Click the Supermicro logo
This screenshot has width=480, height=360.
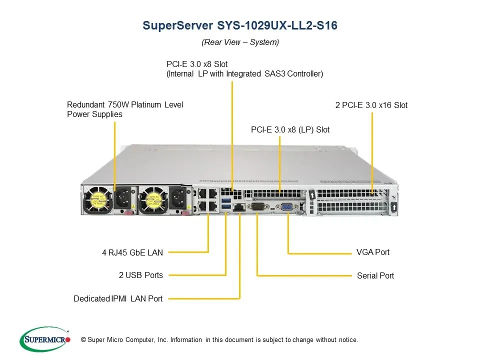[44, 339]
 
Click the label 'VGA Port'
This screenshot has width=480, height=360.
[373, 252]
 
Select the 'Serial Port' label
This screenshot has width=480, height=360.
[375, 275]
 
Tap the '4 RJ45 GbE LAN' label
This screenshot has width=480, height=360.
[132, 252]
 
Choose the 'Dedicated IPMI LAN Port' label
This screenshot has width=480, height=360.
[118, 298]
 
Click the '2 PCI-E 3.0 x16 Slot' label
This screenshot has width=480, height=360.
[371, 105]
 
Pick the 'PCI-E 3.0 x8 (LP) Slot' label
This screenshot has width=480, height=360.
[290, 129]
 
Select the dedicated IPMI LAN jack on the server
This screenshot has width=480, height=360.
[239, 207]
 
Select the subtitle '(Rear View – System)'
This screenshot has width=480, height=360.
[240, 42]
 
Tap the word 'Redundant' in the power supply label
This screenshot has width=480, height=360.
[85, 104]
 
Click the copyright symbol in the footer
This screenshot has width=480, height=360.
[83, 340]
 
